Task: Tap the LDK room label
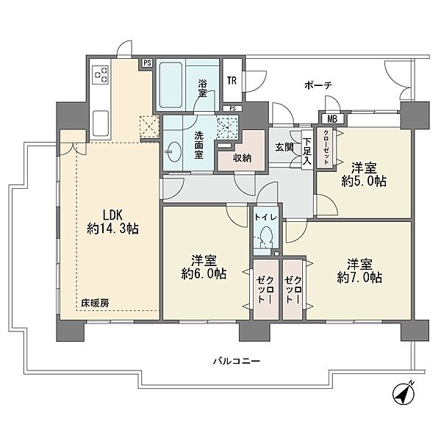[112, 215]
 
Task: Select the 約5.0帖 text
[364, 182]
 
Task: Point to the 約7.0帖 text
[359, 278]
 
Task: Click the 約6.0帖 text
[204, 273]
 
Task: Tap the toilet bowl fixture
[266, 237]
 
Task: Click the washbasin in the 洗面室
[173, 151]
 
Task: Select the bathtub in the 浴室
[171, 85]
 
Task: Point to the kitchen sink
[101, 123]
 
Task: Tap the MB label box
[332, 119]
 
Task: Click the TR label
[232, 81]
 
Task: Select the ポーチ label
[318, 85]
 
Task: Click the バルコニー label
[236, 361]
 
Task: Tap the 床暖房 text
[95, 303]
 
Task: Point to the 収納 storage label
[242, 158]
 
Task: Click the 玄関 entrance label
[284, 147]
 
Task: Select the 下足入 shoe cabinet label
[306, 151]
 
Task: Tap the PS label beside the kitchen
[147, 62]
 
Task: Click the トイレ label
[266, 217]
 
